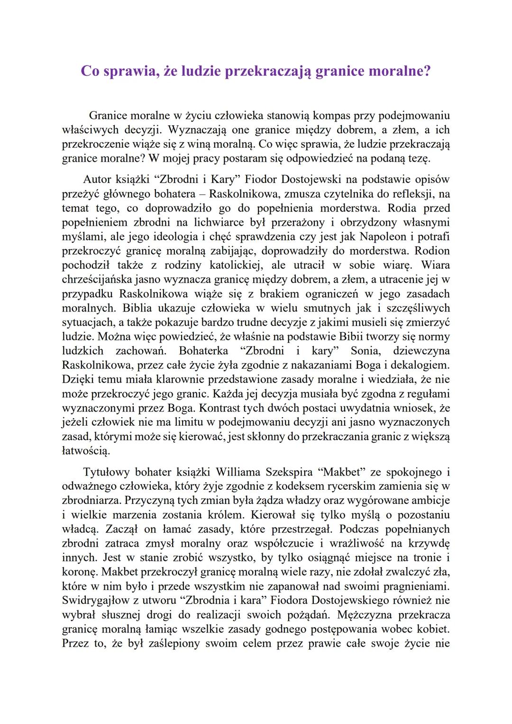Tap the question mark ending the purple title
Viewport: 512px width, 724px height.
coord(427,71)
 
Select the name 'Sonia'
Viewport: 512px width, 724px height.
coord(364,351)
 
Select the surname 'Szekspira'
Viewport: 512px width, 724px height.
coord(290,472)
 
